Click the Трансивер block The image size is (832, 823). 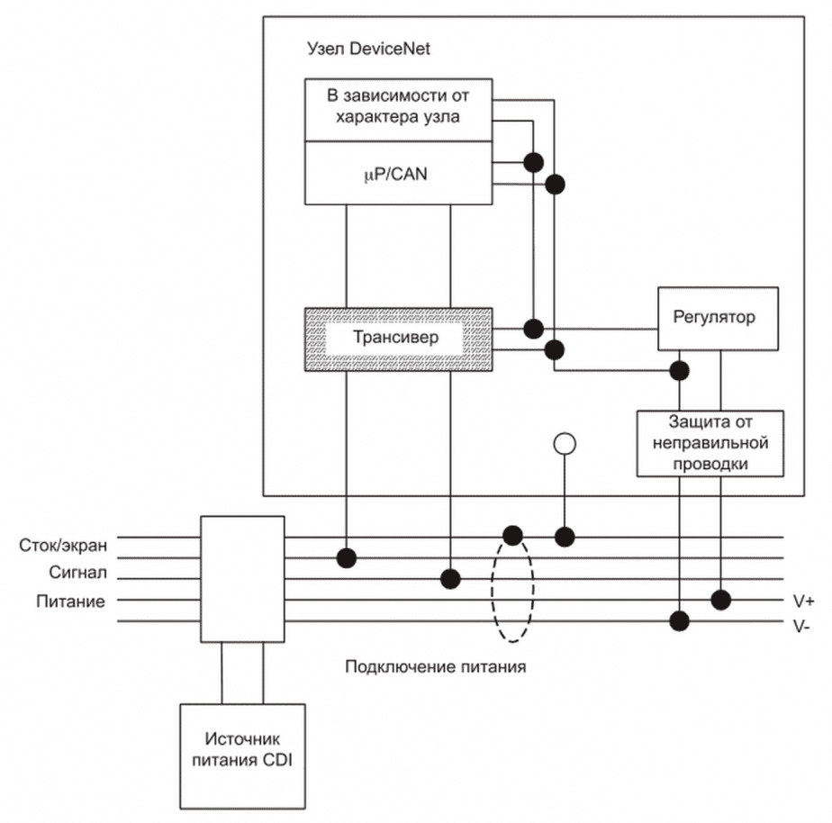click(398, 339)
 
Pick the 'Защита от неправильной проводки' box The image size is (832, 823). click(710, 443)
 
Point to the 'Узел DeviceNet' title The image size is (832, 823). click(368, 49)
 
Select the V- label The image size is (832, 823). click(803, 624)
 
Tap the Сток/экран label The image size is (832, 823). click(62, 546)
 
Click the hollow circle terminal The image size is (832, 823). click(565, 443)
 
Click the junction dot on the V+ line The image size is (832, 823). click(720, 600)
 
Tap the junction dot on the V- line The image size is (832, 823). click(680, 620)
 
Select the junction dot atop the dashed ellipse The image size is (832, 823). click(512, 537)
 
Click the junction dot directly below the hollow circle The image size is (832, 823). click(565, 537)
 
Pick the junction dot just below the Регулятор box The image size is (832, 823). click(680, 370)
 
